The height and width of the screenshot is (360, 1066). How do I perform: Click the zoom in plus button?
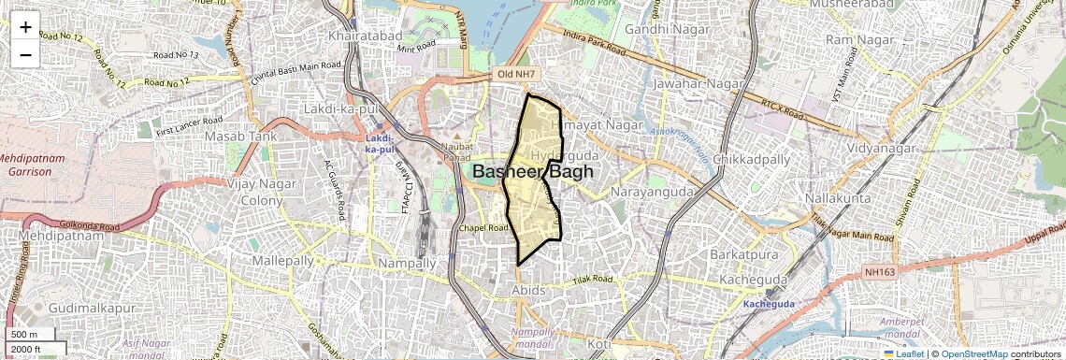coord(25,27)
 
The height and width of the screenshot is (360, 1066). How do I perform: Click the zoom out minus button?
coord(25,55)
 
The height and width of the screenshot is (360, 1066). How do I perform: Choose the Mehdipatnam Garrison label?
coord(33,165)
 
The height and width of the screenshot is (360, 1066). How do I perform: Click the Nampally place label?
coord(408,264)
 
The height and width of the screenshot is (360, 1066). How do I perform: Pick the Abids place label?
coord(528,291)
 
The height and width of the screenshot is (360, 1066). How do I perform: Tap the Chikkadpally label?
coord(752,159)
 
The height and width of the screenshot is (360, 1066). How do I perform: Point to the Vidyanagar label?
coord(886,148)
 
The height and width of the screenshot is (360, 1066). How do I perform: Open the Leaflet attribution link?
coord(903,353)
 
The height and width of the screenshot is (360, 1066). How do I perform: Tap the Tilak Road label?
coord(593,279)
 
